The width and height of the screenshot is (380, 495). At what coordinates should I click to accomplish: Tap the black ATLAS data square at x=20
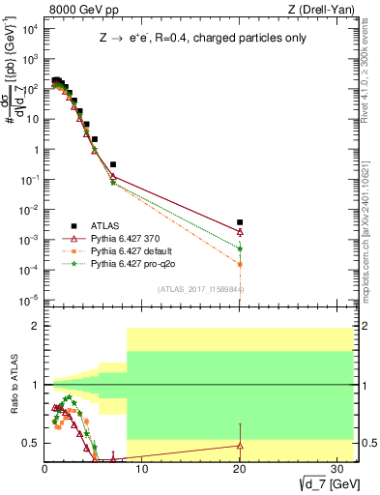click(240, 222)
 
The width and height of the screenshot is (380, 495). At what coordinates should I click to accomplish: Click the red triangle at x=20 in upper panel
click(240, 232)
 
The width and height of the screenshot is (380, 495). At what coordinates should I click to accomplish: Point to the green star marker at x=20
click(240, 248)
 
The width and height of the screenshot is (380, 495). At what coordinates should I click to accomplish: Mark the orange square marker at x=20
click(240, 264)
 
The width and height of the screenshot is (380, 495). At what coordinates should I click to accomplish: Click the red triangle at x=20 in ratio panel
click(240, 445)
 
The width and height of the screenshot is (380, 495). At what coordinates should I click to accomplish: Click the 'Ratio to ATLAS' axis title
click(14, 386)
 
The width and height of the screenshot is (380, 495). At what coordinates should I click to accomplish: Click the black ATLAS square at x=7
click(113, 165)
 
